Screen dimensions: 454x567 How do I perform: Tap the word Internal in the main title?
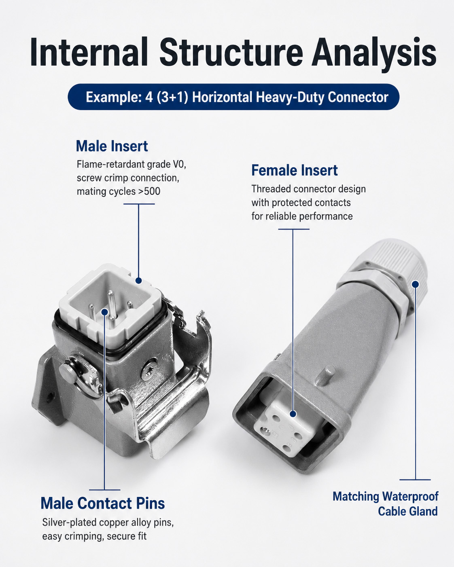(89, 52)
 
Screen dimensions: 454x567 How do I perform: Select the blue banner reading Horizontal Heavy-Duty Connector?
(233, 97)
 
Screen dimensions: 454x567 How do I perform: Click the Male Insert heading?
(112, 146)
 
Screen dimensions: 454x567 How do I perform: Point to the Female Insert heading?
(295, 170)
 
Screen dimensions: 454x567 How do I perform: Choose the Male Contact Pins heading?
(102, 503)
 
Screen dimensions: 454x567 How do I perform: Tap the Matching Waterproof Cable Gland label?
(385, 504)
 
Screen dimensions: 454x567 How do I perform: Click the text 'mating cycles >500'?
(119, 191)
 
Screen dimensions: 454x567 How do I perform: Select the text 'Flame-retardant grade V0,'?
(131, 165)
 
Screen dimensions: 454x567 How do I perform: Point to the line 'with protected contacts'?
(301, 203)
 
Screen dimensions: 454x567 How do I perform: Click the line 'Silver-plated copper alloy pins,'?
(108, 522)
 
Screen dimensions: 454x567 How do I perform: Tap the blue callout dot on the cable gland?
(415, 284)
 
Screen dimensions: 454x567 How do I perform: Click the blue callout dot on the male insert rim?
(139, 281)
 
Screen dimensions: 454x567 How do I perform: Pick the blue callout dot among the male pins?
(104, 312)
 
